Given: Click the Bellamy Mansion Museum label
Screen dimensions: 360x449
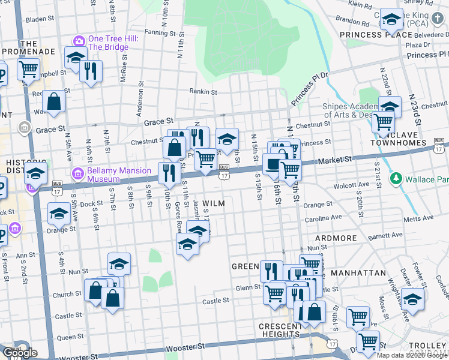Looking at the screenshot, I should [119, 175].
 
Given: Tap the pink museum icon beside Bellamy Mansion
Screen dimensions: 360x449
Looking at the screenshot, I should [77, 175].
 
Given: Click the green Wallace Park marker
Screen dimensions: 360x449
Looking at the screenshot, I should [395, 179].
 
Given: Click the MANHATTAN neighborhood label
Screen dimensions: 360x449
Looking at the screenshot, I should [358, 272].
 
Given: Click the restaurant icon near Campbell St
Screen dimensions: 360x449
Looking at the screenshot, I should [91, 72].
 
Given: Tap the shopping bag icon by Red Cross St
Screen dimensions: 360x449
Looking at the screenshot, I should [54, 102].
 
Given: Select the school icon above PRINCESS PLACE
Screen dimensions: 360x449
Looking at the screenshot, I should [391, 20].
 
